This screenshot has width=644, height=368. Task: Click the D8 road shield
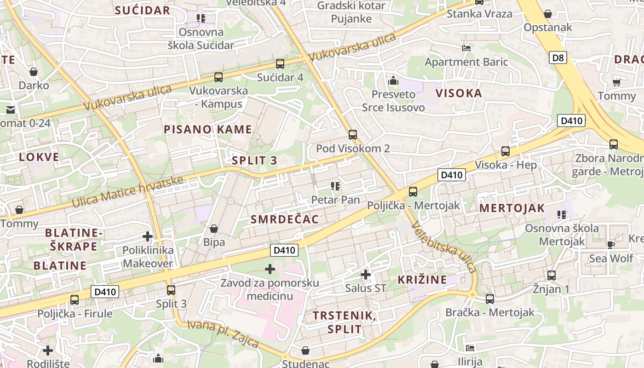pos(558,57)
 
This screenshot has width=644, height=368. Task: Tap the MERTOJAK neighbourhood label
pos(512,208)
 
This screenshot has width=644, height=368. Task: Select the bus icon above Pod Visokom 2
pos(352,134)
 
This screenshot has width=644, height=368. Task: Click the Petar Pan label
pos(335,200)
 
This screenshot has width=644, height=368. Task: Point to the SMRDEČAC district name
pos(285,219)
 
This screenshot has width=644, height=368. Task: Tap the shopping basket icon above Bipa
pos(214,229)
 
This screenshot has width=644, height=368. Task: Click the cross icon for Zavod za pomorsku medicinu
pos(270,269)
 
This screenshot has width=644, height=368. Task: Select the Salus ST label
pos(366,288)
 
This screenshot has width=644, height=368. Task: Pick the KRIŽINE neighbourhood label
pos(422,280)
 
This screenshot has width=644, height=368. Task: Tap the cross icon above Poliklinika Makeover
pos(148,236)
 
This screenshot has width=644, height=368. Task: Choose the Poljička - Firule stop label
pos(75,314)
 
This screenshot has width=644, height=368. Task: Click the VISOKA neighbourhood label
pos(459,93)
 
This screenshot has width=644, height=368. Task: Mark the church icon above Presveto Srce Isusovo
pos(393,80)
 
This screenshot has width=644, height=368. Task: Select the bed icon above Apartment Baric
pos(466,48)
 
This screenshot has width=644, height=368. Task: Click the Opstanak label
pos(548,27)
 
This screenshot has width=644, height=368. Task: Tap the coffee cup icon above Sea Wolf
pos(611,244)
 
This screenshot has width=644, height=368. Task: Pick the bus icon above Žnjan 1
pos(551,276)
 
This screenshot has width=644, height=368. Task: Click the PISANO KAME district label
pos(208,129)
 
